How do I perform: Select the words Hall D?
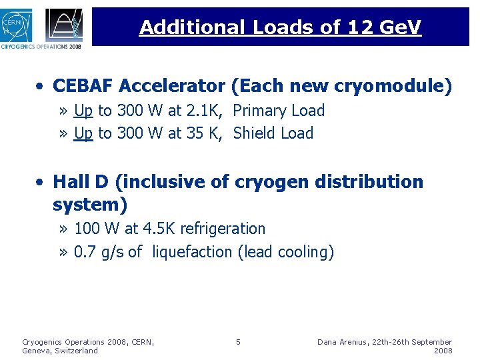[x=79, y=182]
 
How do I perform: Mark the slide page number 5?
[x=238, y=342]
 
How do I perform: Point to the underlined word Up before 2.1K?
[x=83, y=111]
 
